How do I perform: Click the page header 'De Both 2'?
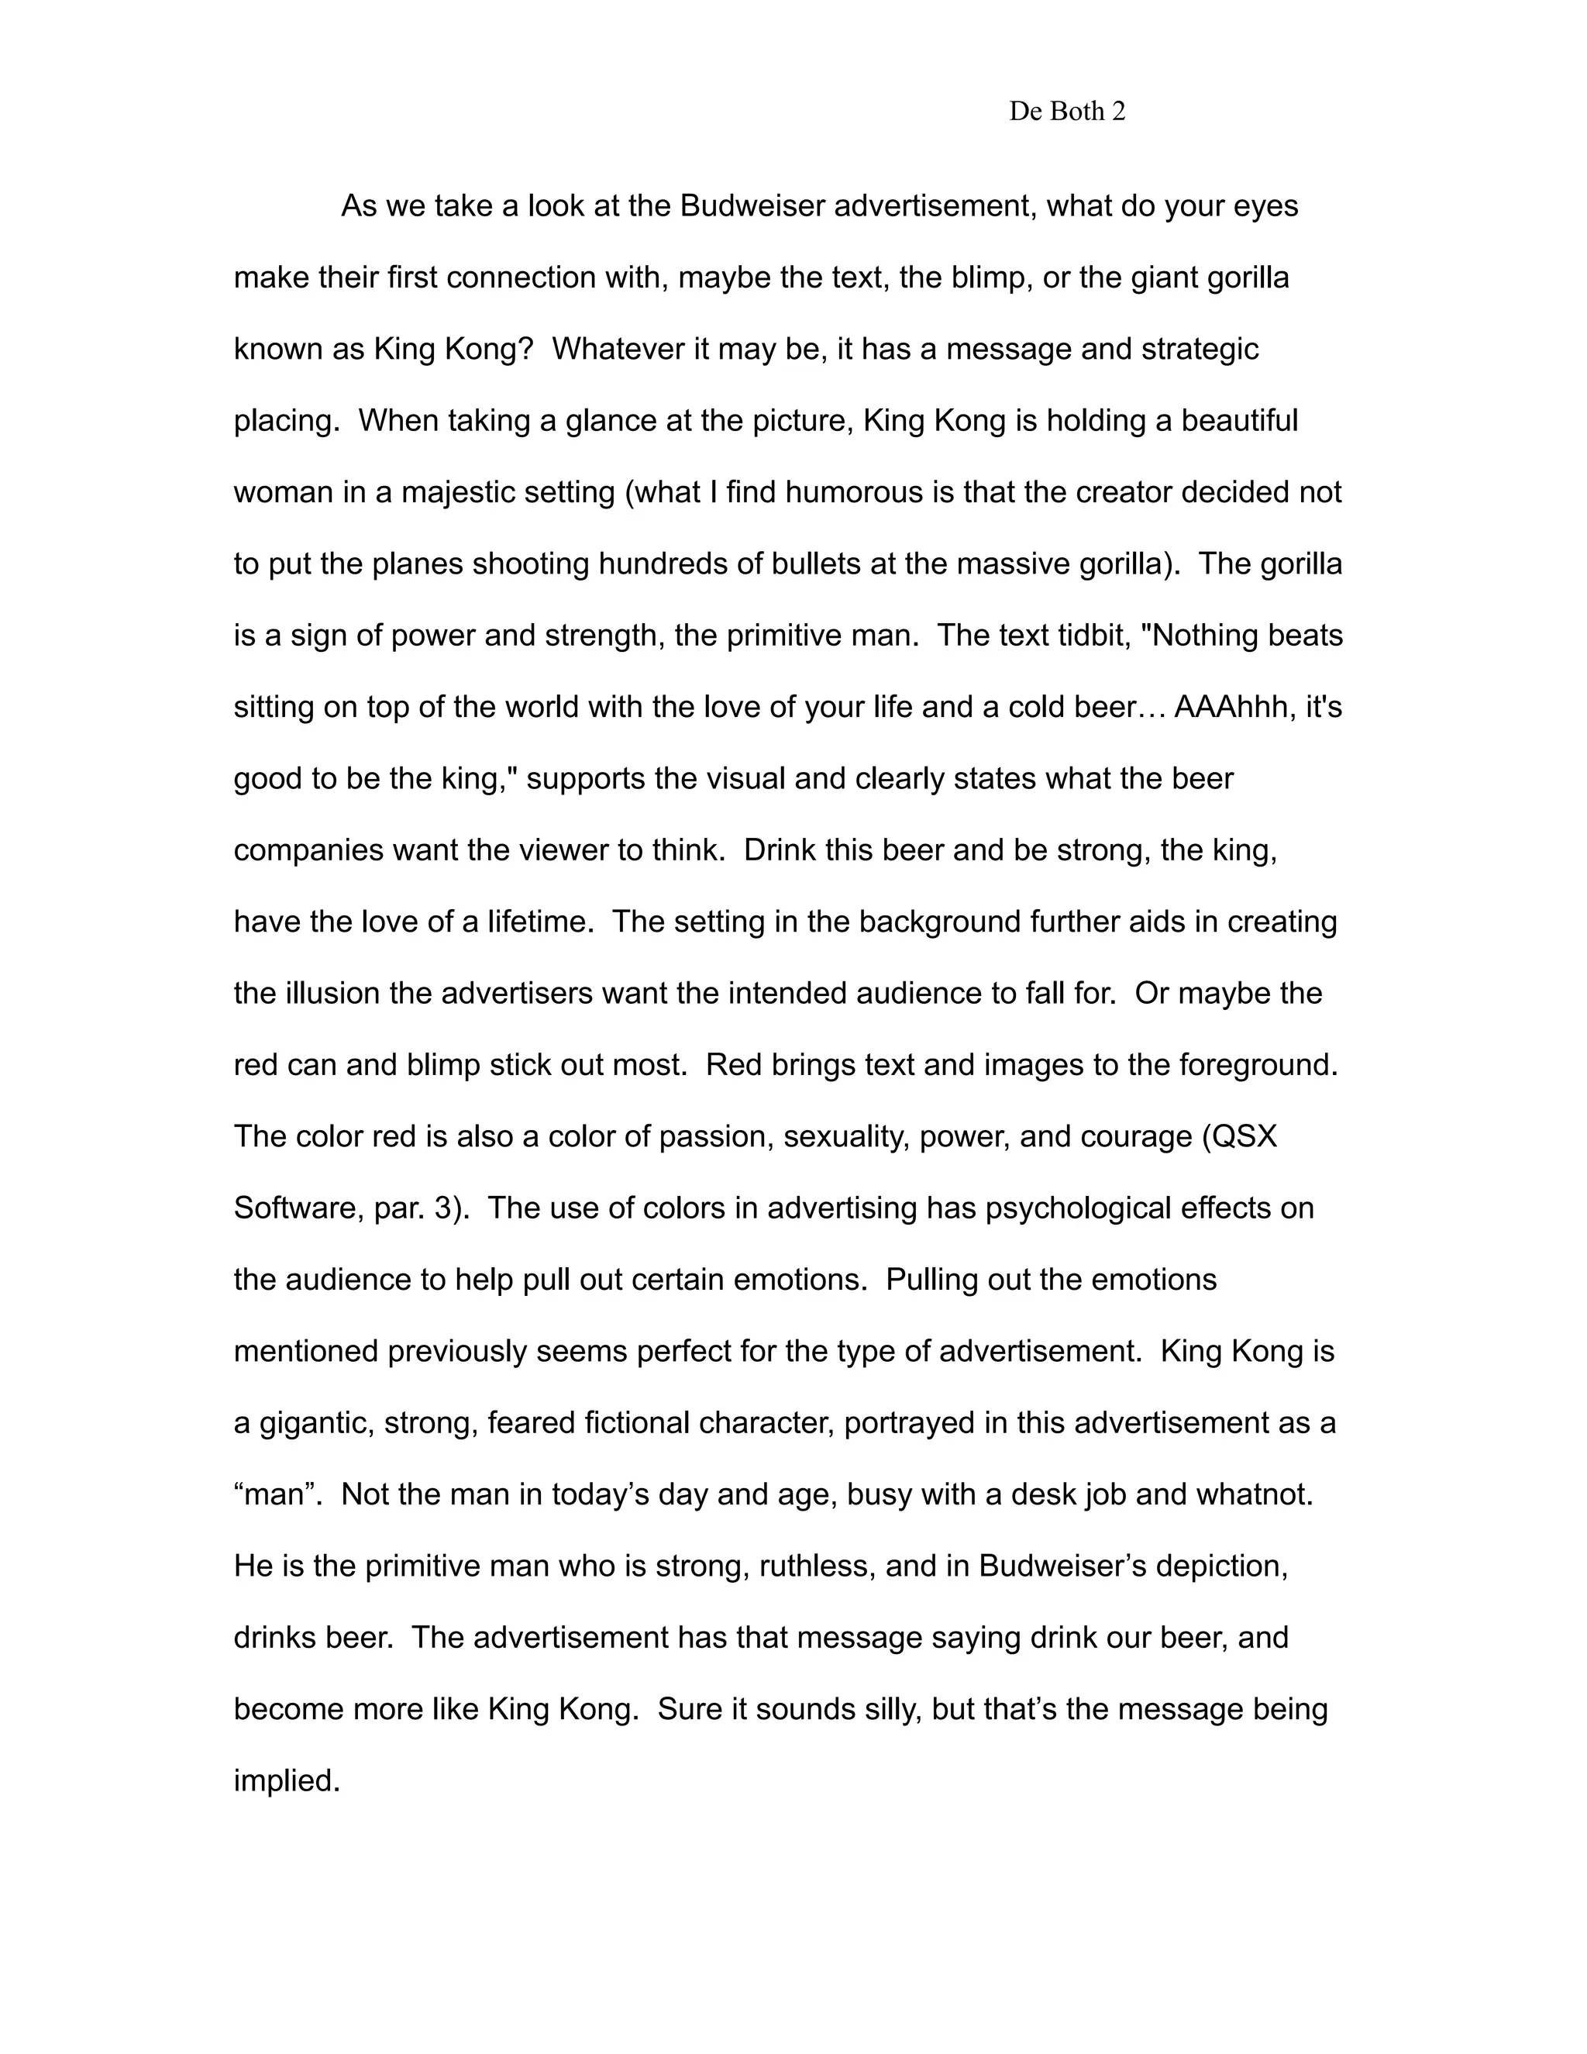click(x=1067, y=112)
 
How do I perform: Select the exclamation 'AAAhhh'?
click(x=1231, y=707)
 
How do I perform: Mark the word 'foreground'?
click(x=1256, y=1065)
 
